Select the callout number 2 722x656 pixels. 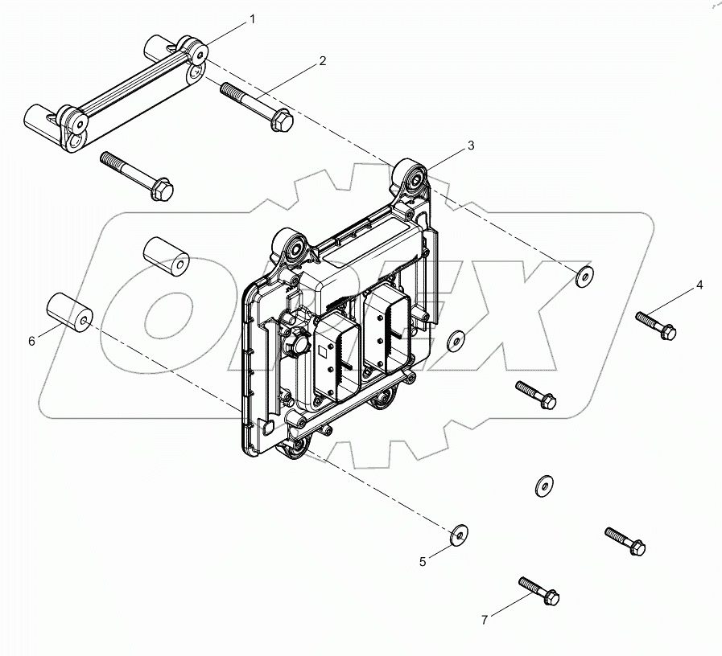point(322,61)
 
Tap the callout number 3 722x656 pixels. point(471,146)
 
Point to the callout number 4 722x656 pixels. point(699,285)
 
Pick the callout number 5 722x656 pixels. point(423,562)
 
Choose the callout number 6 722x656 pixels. point(32,341)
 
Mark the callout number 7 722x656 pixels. point(485,619)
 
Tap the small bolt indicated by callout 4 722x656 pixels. point(656,325)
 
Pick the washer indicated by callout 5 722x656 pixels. point(460,533)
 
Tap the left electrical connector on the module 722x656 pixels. point(337,356)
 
